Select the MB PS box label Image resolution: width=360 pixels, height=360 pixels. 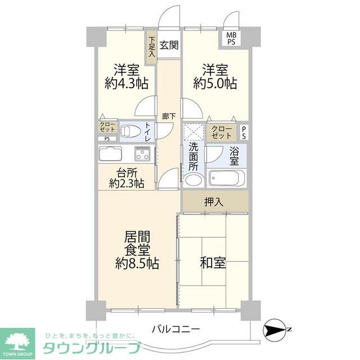pyautogui.click(x=232, y=38)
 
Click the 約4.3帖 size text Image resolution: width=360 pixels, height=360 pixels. pyautogui.click(x=127, y=84)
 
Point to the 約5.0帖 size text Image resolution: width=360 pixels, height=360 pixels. pyautogui.click(x=215, y=84)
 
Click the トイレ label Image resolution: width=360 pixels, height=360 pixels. pyautogui.click(x=147, y=131)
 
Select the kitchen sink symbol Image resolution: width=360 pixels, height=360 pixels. pyautogui.click(x=111, y=154)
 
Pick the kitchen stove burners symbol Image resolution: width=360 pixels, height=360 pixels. pyautogui.click(x=142, y=154)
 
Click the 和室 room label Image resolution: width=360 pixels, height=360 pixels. pyautogui.click(x=213, y=262)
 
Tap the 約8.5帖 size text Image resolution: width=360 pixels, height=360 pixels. pyautogui.click(x=137, y=262)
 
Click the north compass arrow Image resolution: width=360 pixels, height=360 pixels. pyautogui.click(x=276, y=330)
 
